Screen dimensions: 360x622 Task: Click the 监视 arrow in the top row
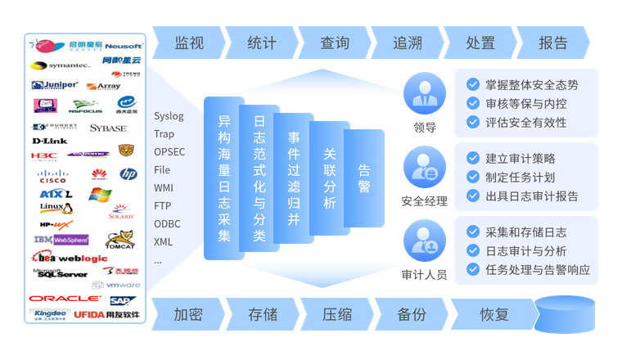pyautogui.click(x=189, y=43)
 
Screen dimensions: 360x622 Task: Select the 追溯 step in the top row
pyautogui.click(x=407, y=43)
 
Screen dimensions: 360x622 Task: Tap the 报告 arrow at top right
pyautogui.click(x=553, y=43)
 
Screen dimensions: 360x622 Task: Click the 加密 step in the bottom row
pyautogui.click(x=188, y=314)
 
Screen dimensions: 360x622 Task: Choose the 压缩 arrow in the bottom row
pyautogui.click(x=336, y=314)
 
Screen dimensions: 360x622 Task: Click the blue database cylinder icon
pyautogui.click(x=565, y=314)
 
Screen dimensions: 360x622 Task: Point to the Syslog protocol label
pyautogui.click(x=169, y=115)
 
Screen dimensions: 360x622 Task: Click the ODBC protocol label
pyautogui.click(x=167, y=223)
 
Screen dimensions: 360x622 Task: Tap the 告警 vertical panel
pyautogui.click(x=364, y=178)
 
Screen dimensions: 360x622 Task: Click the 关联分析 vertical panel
pyautogui.click(x=329, y=178)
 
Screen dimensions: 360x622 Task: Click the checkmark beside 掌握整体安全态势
pyautogui.click(x=472, y=84)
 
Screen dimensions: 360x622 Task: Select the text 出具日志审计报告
pyautogui.click(x=532, y=196)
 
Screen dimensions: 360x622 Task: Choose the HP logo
pyautogui.click(x=128, y=173)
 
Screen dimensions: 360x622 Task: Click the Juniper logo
pyautogui.click(x=55, y=85)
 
